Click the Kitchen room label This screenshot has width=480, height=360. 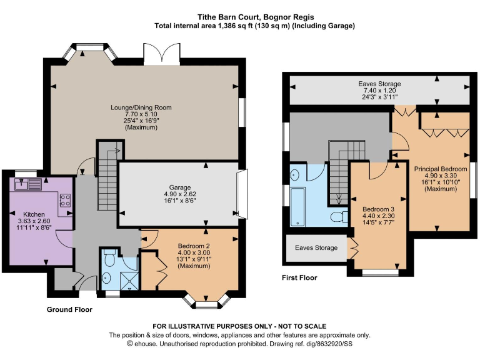[34, 214]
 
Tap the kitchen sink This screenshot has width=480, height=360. [28, 184]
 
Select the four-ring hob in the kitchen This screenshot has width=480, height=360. [65, 201]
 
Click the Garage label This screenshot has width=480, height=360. [180, 187]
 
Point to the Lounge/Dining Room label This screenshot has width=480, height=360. [141, 107]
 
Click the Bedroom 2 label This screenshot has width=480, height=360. [194, 246]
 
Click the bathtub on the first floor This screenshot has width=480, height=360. [297, 207]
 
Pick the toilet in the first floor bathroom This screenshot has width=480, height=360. [339, 217]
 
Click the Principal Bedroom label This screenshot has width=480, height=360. [441, 169]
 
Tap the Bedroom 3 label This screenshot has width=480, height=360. [378, 209]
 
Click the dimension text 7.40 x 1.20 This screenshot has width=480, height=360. [379, 90]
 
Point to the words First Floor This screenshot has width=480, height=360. [299, 277]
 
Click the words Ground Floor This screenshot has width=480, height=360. [69, 309]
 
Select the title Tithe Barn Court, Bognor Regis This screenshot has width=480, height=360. [256, 17]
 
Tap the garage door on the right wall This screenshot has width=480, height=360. [242, 194]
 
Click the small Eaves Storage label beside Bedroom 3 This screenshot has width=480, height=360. [316, 247]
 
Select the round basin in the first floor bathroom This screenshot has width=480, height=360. [294, 175]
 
